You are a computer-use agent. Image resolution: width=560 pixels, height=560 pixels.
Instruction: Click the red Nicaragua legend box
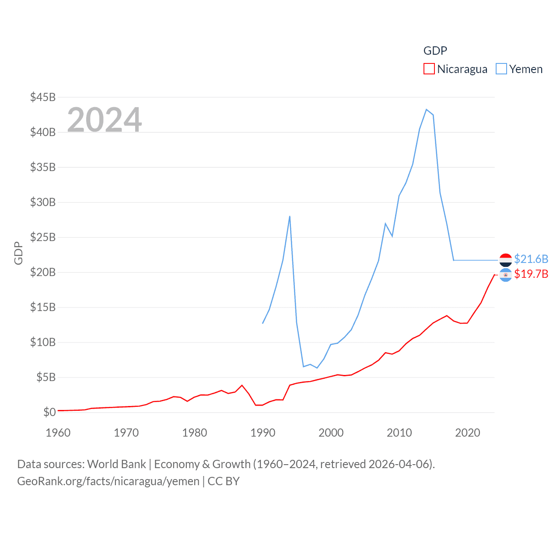[x=429, y=69]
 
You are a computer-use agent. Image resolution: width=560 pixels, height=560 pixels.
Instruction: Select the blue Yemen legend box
[x=501, y=69]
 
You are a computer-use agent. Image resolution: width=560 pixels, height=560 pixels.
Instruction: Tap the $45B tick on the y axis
[x=42, y=97]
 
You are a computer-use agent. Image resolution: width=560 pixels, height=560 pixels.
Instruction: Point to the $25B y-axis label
[x=42, y=237]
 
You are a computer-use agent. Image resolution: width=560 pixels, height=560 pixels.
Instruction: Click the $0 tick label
[x=49, y=412]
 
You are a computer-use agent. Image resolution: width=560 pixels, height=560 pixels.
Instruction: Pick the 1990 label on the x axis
[x=263, y=433]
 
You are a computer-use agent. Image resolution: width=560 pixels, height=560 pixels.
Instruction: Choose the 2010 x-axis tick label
[x=399, y=433]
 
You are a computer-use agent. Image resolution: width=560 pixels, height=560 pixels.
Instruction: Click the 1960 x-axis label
[x=58, y=433]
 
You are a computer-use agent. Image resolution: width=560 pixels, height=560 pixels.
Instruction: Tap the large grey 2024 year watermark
[x=104, y=119]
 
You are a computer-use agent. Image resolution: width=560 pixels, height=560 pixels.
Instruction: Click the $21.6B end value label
[x=531, y=259]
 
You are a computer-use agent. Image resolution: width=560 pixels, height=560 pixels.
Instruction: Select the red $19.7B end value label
[x=531, y=274]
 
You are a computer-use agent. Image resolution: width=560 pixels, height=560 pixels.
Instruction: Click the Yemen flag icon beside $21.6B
[x=505, y=260]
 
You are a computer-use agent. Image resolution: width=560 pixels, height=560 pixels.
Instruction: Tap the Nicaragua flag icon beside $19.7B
[x=505, y=275]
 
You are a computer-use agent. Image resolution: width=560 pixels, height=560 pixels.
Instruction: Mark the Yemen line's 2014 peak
[x=426, y=109]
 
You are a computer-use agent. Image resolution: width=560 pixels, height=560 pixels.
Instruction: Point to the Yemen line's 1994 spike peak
[x=290, y=216]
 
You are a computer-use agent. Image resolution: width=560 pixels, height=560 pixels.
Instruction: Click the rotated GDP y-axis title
[x=18, y=253]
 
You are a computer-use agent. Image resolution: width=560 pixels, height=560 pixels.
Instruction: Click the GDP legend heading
[x=435, y=51]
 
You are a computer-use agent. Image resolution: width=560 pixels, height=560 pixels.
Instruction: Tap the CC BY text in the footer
[x=224, y=481]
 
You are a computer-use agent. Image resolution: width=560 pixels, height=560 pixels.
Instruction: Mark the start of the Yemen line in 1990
[x=262, y=323]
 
